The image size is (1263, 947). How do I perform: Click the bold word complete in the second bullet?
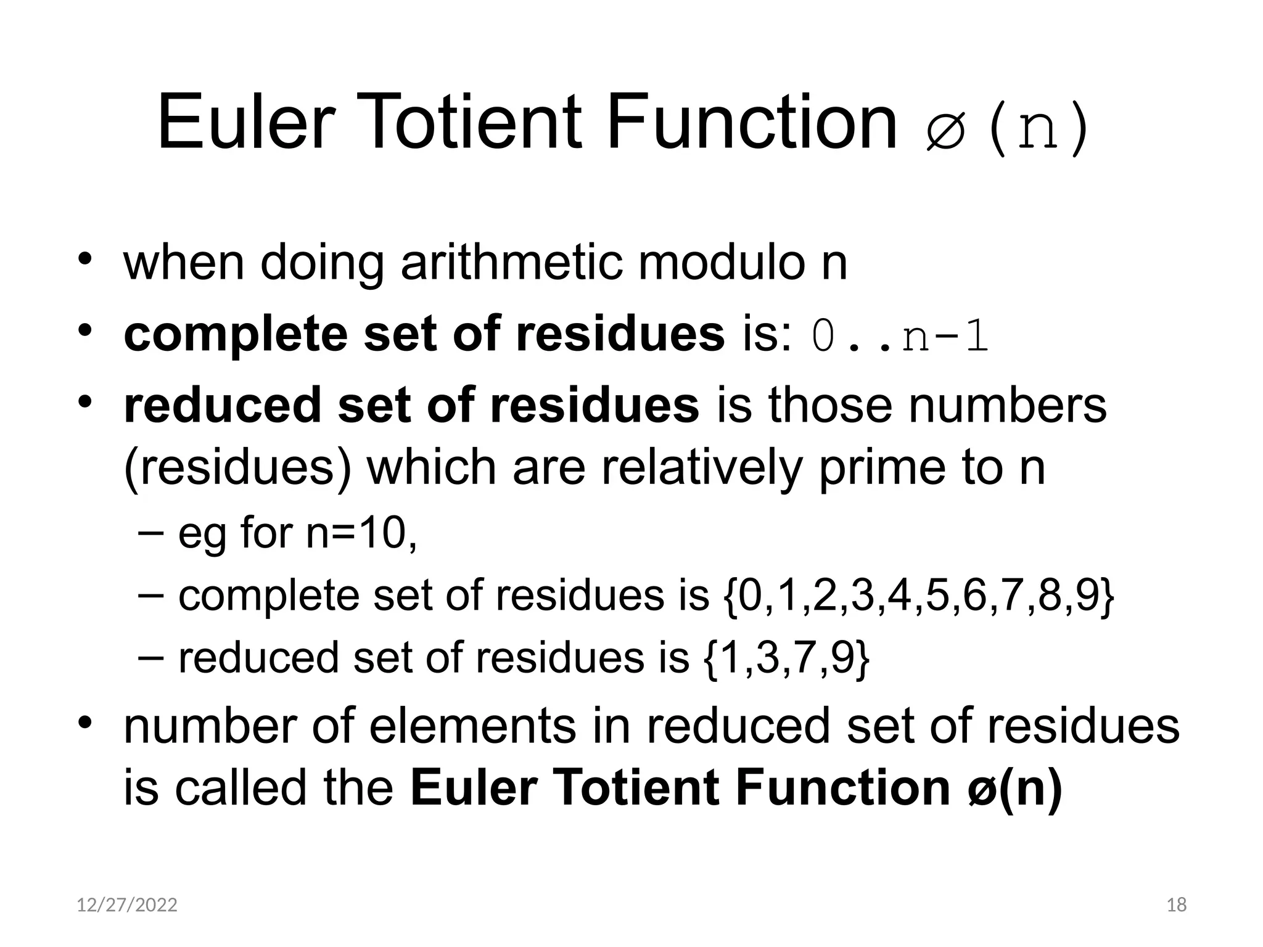[x=236, y=335]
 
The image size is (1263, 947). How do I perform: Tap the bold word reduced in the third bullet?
[x=222, y=406]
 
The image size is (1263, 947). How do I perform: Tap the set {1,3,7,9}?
[x=787, y=658]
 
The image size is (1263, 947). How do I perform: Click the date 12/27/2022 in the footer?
[x=127, y=905]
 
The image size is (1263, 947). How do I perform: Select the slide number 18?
[x=1177, y=905]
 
